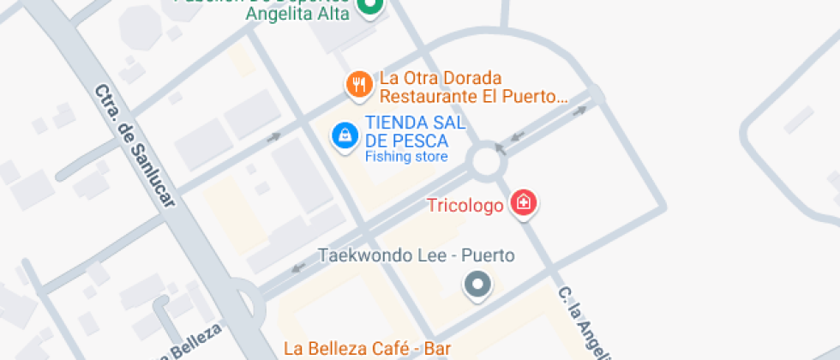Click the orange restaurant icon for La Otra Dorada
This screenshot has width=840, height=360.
[x=357, y=85]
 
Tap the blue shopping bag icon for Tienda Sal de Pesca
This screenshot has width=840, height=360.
[x=345, y=135]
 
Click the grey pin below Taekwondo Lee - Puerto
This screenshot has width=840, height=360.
[x=477, y=285]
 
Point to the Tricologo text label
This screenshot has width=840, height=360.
[x=465, y=206]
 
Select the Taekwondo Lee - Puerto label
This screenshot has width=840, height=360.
[x=416, y=255]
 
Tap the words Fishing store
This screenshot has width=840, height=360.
[x=406, y=157]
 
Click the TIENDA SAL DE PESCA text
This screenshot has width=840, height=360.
[x=415, y=132]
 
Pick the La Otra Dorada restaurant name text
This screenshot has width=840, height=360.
[x=441, y=79]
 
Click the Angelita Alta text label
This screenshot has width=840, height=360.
[x=297, y=13]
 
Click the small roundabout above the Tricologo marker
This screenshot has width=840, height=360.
[x=487, y=160]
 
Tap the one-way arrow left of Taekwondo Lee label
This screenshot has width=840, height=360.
[x=297, y=267]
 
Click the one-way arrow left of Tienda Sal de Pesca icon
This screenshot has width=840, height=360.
[x=274, y=136]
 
